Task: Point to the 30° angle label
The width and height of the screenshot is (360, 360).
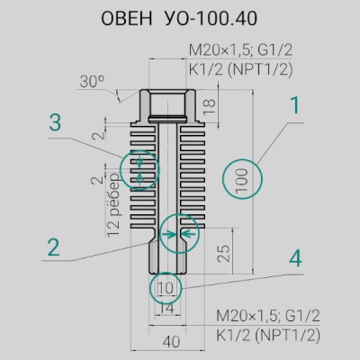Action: coord(94,80)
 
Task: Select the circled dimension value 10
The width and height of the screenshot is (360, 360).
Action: coord(165,288)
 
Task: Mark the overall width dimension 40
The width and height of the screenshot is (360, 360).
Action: coord(170,343)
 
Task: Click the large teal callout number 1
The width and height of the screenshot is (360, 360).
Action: coord(294,105)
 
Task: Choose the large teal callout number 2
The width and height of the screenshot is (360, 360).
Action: coord(54,247)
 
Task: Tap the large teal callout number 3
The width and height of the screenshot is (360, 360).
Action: coord(55,124)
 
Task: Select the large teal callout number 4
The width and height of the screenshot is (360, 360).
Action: coord(294,259)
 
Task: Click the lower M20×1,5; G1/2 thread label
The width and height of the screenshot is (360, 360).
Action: coord(268,315)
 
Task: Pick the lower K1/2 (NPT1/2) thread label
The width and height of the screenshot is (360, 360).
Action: coord(268,334)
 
